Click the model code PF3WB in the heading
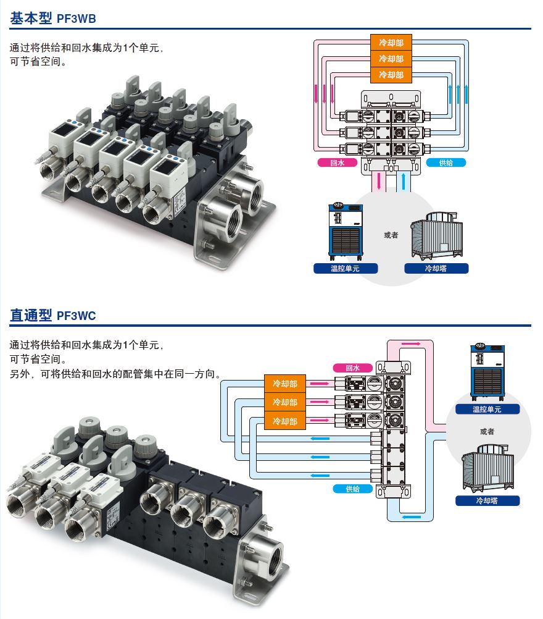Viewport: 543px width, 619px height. pyautogui.click(x=76, y=19)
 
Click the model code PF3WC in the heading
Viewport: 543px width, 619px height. pyautogui.click(x=76, y=316)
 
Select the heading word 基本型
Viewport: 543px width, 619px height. pyautogui.click(x=31, y=18)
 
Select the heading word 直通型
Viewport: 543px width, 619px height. pyautogui.click(x=31, y=315)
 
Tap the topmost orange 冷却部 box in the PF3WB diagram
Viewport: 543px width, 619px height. pyautogui.click(x=391, y=43)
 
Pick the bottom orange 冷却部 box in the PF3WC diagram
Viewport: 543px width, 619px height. pyautogui.click(x=284, y=421)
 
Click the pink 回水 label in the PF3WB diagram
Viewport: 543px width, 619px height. pyautogui.click(x=337, y=162)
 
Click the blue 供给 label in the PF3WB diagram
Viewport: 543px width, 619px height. pyautogui.click(x=446, y=162)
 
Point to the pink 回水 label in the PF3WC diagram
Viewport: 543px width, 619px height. pyautogui.click(x=352, y=368)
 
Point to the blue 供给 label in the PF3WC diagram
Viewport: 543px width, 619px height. pyautogui.click(x=352, y=489)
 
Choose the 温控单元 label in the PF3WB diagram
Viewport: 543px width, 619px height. pyautogui.click(x=346, y=269)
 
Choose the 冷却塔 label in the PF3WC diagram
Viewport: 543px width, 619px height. pyautogui.click(x=487, y=500)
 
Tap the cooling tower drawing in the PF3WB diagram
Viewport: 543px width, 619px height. pyautogui.click(x=436, y=236)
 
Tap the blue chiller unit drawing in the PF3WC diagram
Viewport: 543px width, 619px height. pyautogui.click(x=487, y=372)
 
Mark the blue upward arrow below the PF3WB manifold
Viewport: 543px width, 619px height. pyautogui.click(x=403, y=181)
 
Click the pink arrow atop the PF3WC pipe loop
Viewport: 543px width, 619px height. pyautogui.click(x=411, y=344)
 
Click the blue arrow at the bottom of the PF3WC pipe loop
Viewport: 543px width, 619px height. pyautogui.click(x=411, y=516)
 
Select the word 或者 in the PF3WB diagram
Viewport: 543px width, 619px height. pyautogui.click(x=391, y=235)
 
